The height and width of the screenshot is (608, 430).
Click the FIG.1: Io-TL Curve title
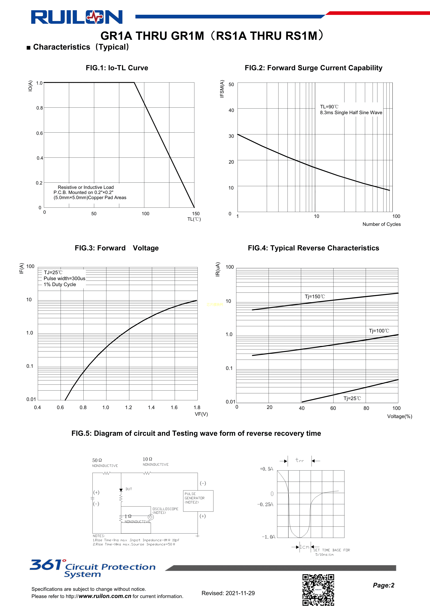pyautogui.click(x=117, y=68)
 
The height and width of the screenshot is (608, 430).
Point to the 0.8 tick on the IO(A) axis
pyautogui.click(x=40, y=108)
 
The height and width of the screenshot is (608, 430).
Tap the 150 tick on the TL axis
pyautogui.click(x=196, y=213)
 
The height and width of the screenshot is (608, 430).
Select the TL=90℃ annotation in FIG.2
pyautogui.click(x=329, y=107)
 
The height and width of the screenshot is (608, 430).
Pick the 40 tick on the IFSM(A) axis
pyautogui.click(x=231, y=110)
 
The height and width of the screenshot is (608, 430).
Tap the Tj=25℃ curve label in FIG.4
pyautogui.click(x=352, y=398)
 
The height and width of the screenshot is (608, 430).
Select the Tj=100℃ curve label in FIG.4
pyautogui.click(x=379, y=331)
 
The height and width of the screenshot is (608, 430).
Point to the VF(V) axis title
pyautogui.click(x=201, y=414)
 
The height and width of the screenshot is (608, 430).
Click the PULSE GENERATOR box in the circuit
pyautogui.click(x=198, y=501)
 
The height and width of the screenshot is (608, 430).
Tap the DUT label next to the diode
pyautogui.click(x=129, y=489)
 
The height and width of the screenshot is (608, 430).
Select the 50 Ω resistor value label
pyautogui.click(x=97, y=460)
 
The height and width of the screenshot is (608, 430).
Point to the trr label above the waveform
pyautogui.click(x=299, y=460)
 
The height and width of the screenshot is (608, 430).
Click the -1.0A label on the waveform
pyautogui.click(x=268, y=537)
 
